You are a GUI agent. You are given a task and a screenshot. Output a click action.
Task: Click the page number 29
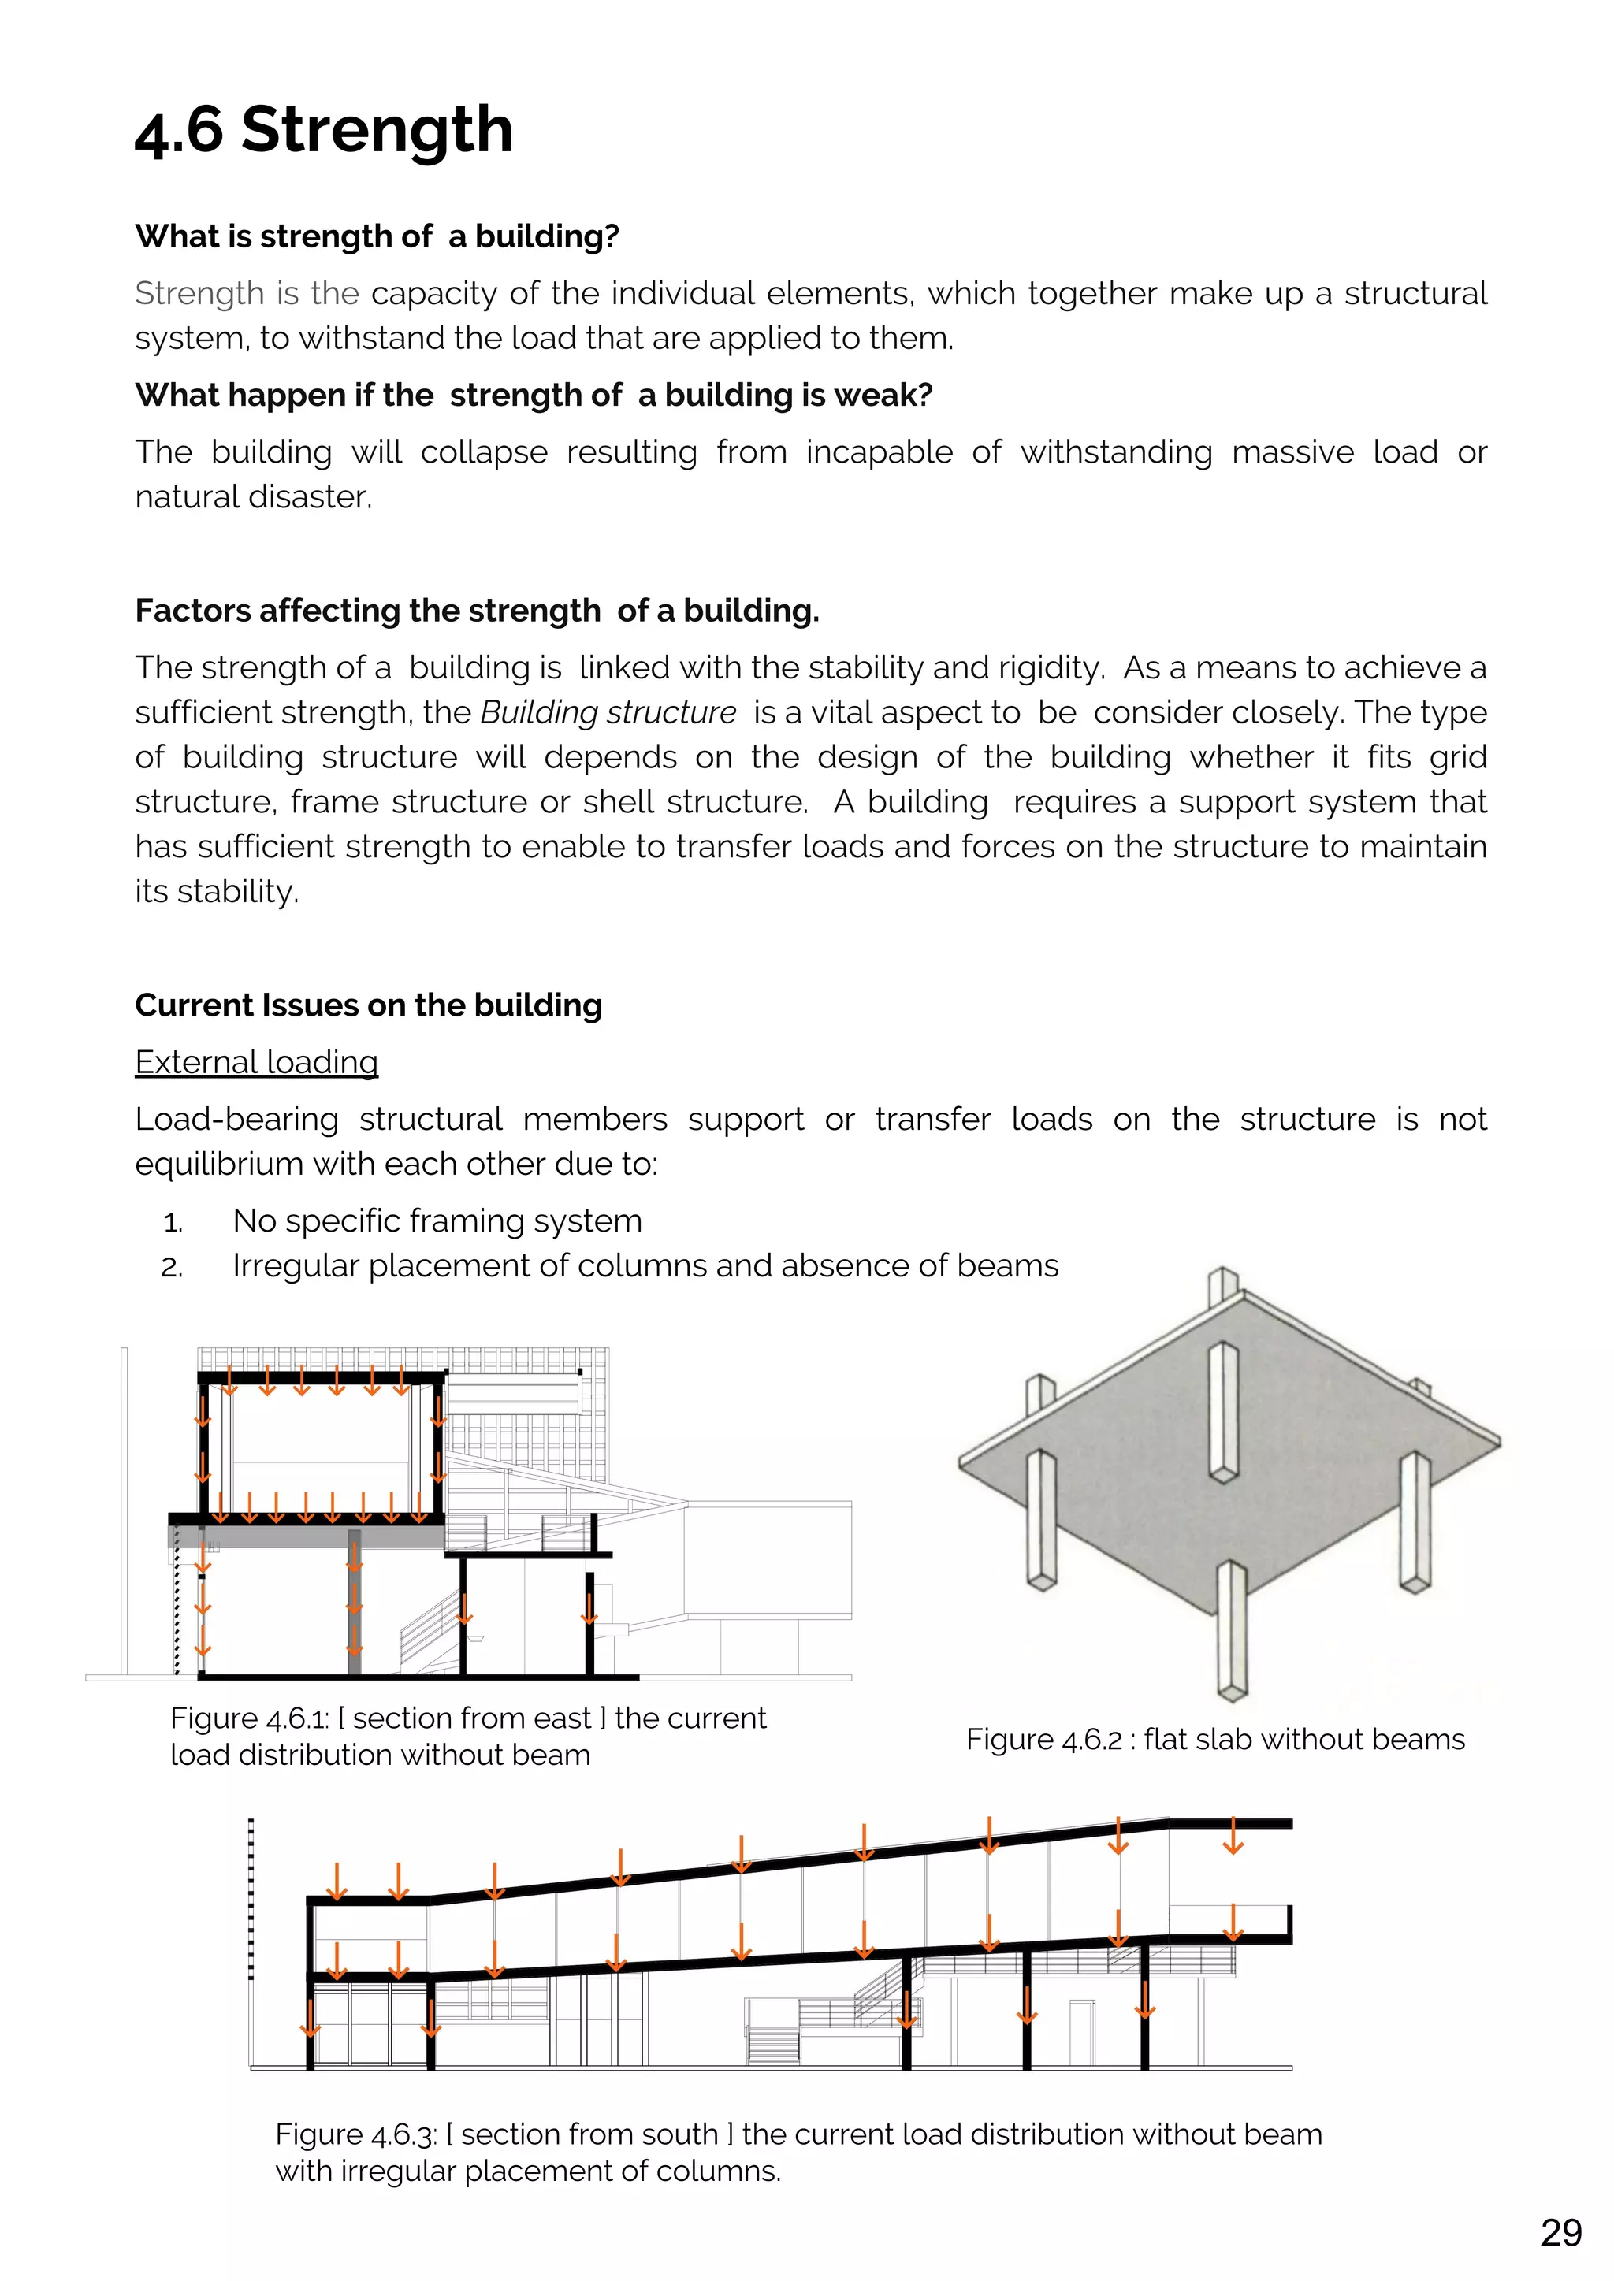click(x=1560, y=2232)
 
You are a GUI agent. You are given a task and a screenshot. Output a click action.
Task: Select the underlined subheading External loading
click(x=256, y=1062)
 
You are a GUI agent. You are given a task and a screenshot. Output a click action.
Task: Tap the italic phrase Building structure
click(x=608, y=712)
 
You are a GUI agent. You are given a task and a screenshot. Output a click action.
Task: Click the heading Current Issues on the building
click(x=368, y=1005)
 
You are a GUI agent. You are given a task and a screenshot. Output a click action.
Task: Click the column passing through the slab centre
click(x=1222, y=1410)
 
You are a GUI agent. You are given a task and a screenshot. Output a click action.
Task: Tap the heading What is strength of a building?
click(x=377, y=236)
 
